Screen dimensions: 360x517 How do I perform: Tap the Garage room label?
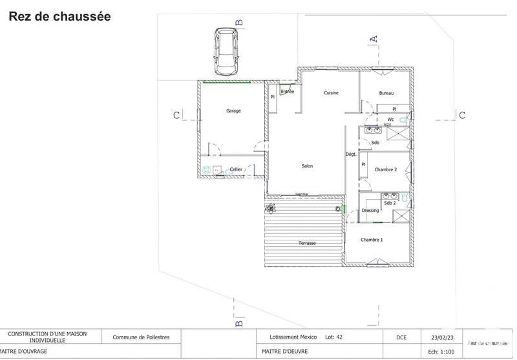click(x=233, y=111)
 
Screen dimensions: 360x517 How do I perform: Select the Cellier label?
click(x=236, y=169)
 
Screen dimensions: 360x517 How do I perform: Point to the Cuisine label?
click(x=332, y=93)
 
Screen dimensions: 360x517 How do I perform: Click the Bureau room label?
click(x=386, y=93)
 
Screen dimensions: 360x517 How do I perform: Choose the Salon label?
click(x=307, y=166)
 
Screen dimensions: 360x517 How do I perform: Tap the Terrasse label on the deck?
click(x=307, y=243)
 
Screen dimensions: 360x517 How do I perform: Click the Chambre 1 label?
click(x=372, y=240)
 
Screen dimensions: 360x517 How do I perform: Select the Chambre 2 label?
click(x=386, y=169)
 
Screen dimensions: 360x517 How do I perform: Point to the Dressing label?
click(x=370, y=211)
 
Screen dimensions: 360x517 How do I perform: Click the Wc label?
click(x=391, y=120)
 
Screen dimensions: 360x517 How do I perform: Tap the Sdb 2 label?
click(x=390, y=203)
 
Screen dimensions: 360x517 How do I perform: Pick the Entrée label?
click(x=287, y=92)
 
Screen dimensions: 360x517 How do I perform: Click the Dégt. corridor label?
click(x=351, y=154)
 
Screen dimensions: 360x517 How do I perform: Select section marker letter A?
click(x=373, y=39)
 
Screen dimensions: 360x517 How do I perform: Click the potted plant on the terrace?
click(x=270, y=208)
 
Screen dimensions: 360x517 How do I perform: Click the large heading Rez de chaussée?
click(x=59, y=17)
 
